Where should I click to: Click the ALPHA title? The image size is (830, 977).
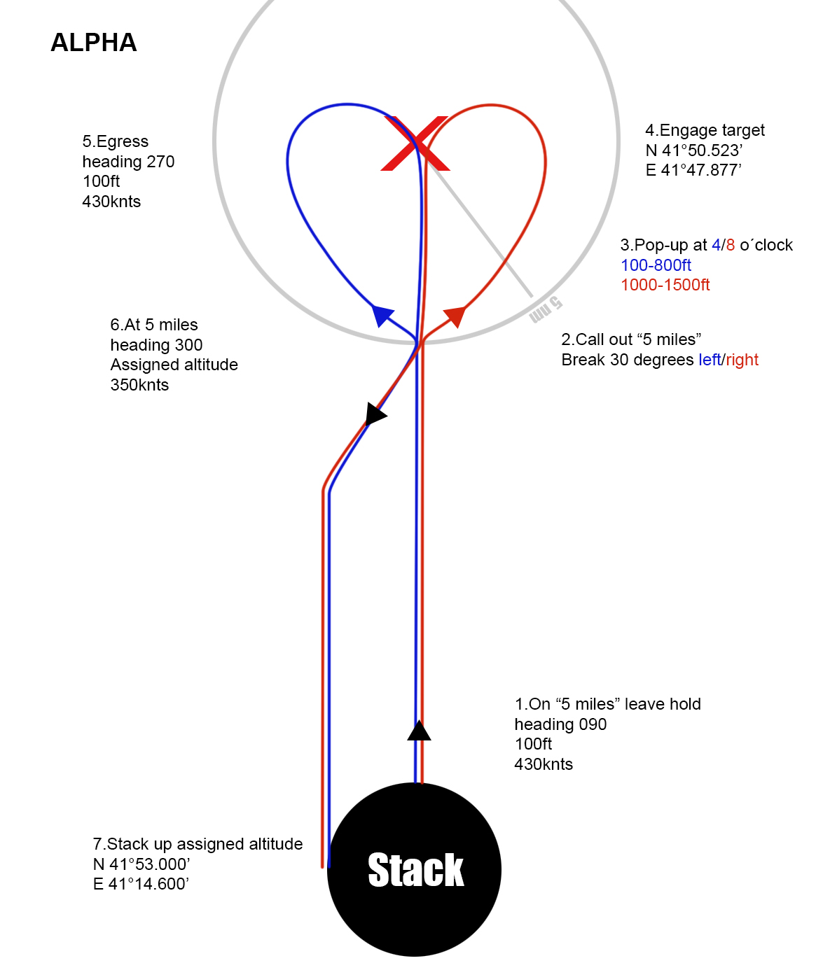(94, 43)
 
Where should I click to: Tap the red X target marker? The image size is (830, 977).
(415, 143)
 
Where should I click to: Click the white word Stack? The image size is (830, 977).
(415, 870)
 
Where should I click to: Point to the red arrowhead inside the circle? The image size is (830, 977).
(455, 316)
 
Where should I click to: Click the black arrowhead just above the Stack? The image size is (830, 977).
(419, 731)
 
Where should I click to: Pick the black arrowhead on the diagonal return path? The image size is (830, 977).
(375, 414)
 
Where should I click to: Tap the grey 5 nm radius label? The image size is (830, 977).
(545, 310)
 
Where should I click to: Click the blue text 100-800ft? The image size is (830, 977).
(656, 265)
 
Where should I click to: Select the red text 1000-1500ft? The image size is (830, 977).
(665, 285)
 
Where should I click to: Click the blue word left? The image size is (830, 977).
(710, 360)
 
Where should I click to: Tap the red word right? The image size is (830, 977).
(742, 360)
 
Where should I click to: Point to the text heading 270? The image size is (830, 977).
(128, 162)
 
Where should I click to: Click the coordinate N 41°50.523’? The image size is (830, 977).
(693, 150)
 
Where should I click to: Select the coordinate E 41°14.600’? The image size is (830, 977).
(141, 884)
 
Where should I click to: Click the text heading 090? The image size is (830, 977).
(560, 724)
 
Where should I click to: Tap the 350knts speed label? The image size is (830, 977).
(139, 385)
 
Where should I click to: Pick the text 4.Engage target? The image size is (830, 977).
(705, 130)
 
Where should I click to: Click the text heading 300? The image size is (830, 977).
(156, 345)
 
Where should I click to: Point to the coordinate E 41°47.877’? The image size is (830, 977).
(693, 170)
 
